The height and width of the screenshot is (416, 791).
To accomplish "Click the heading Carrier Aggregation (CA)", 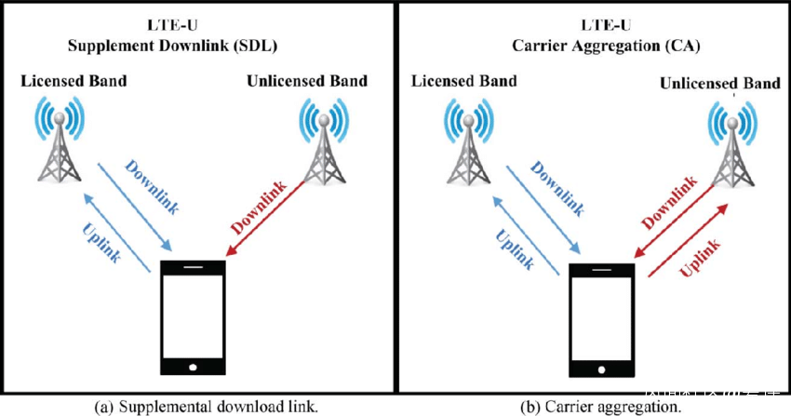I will pyautogui.click(x=594, y=45).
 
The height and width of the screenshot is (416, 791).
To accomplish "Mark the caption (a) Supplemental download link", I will pyautogui.click(x=194, y=406).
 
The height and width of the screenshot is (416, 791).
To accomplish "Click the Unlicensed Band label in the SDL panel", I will pyautogui.click(x=307, y=81).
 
